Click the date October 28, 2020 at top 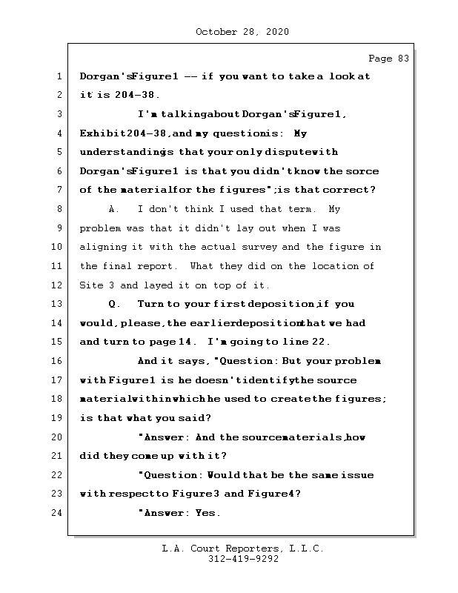242,32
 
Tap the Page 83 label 388,59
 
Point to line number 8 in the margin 59,209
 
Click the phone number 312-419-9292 243,560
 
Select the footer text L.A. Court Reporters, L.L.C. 242,549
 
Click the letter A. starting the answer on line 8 114,209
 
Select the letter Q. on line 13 114,304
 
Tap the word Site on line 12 92,285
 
